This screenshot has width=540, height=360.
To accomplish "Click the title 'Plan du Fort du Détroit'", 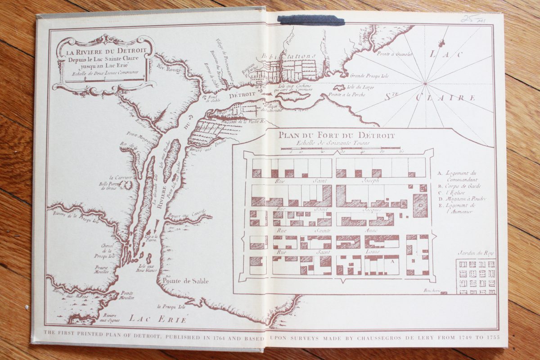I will [336, 135].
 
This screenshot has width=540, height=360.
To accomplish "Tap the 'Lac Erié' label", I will [157, 318].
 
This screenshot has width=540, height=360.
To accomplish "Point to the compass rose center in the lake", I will [425, 83].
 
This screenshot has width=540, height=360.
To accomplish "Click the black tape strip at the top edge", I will [311, 20].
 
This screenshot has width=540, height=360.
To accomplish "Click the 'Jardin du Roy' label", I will [476, 253].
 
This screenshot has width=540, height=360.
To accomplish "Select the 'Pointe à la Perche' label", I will [346, 94].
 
